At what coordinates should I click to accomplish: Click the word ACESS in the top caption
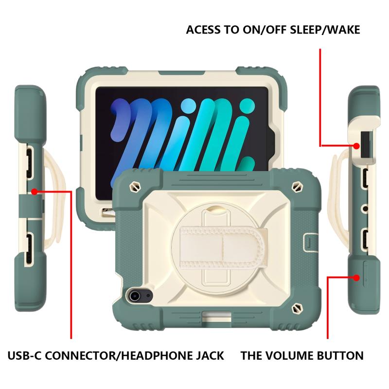coord(203,30)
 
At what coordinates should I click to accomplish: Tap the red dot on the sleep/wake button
coord(356,146)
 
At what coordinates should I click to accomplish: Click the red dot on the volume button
coord(356,278)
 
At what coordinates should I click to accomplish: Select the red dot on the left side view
coord(35,192)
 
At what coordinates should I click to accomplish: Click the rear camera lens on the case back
coord(135,296)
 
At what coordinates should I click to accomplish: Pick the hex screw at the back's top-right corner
coord(297,186)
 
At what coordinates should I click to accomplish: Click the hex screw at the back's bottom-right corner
coord(297,309)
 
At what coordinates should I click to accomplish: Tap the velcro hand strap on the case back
coord(222,248)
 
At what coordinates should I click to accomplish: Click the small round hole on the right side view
coord(365,209)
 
